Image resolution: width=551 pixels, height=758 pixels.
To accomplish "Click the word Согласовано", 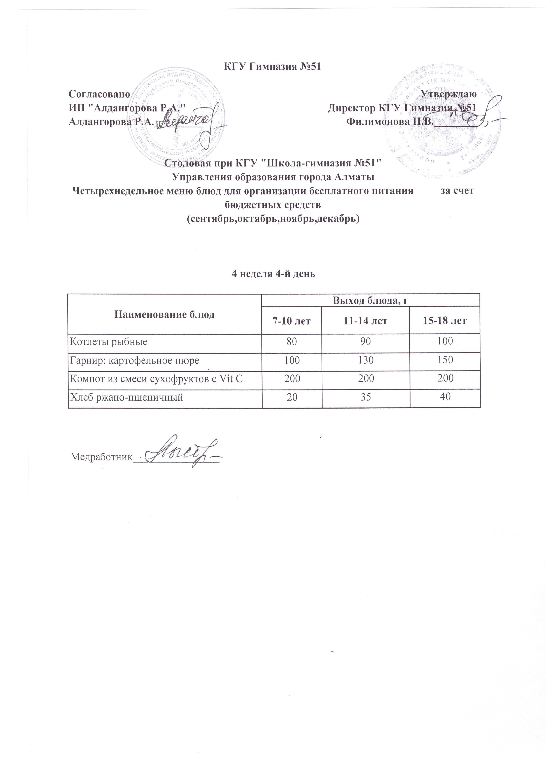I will click(99, 94).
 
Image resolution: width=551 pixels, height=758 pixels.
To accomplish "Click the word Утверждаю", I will click(448, 94).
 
